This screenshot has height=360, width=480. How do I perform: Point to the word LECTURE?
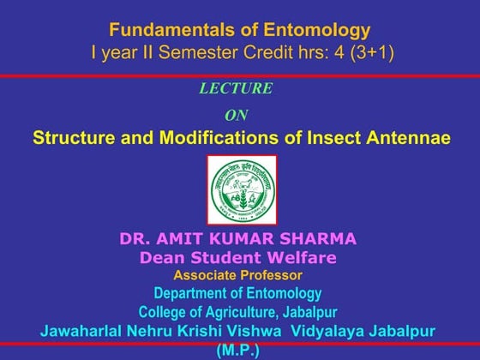tap(236, 88)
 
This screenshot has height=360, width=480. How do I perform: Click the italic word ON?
tap(236, 115)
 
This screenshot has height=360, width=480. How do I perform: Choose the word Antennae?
tap(408, 138)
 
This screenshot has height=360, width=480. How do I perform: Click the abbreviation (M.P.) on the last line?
tap(238, 349)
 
